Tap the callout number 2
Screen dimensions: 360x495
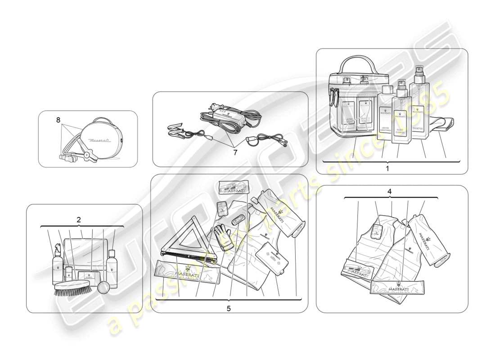[x=79, y=220]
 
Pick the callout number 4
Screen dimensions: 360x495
[x=390, y=191]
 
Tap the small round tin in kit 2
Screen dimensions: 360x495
[x=104, y=287]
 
